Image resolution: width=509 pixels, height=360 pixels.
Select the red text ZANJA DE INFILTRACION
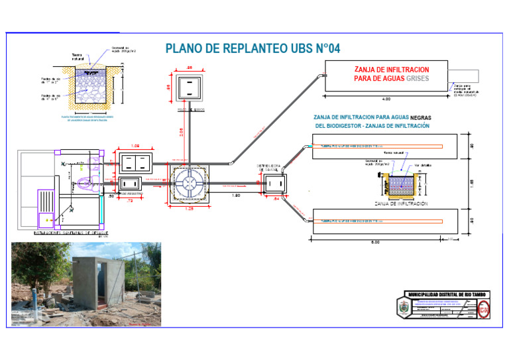pyautogui.click(x=392, y=69)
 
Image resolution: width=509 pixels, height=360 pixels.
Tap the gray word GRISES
pyautogui.click(x=414, y=78)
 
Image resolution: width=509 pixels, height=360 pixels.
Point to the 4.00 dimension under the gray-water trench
pyautogui.click(x=386, y=99)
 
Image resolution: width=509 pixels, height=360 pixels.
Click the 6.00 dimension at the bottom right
pyautogui.click(x=375, y=242)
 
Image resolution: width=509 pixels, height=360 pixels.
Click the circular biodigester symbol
pyautogui.click(x=189, y=183)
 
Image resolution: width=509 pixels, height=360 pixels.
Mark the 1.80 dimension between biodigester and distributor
pyautogui.click(x=235, y=196)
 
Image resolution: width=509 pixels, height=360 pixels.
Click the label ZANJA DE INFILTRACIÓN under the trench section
pyautogui.click(x=400, y=204)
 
